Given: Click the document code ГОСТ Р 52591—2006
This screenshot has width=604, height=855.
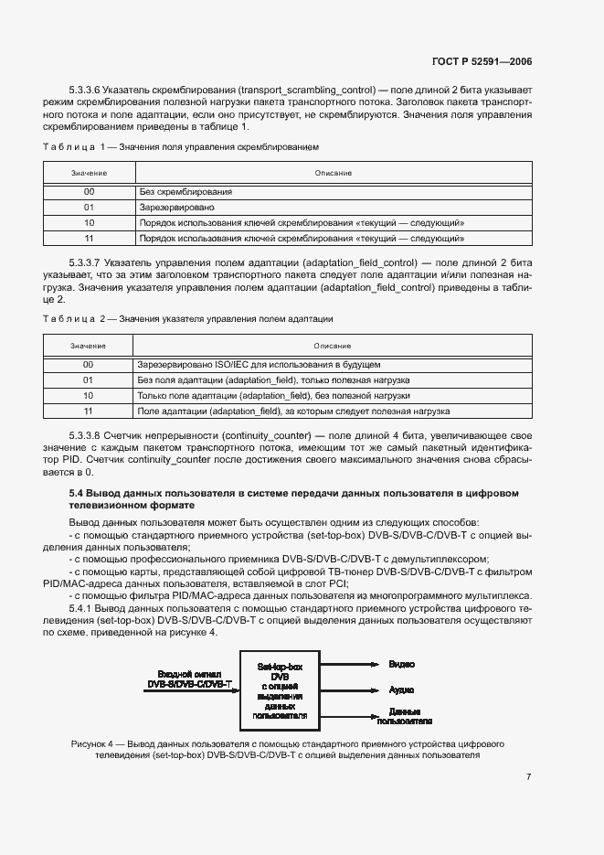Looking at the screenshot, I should click(x=482, y=62).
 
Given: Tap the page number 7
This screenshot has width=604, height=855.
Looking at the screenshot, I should click(x=529, y=777).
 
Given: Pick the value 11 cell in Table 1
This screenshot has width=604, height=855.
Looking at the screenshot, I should click(x=89, y=238).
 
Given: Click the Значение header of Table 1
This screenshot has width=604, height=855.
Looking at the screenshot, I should click(x=89, y=173).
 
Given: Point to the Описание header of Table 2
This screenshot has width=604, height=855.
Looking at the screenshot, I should click(x=333, y=346).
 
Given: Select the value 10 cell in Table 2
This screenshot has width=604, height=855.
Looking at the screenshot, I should click(x=89, y=396).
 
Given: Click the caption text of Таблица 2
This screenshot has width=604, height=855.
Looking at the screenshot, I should click(x=188, y=319).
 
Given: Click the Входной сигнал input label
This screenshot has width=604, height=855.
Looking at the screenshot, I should click(x=189, y=678).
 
